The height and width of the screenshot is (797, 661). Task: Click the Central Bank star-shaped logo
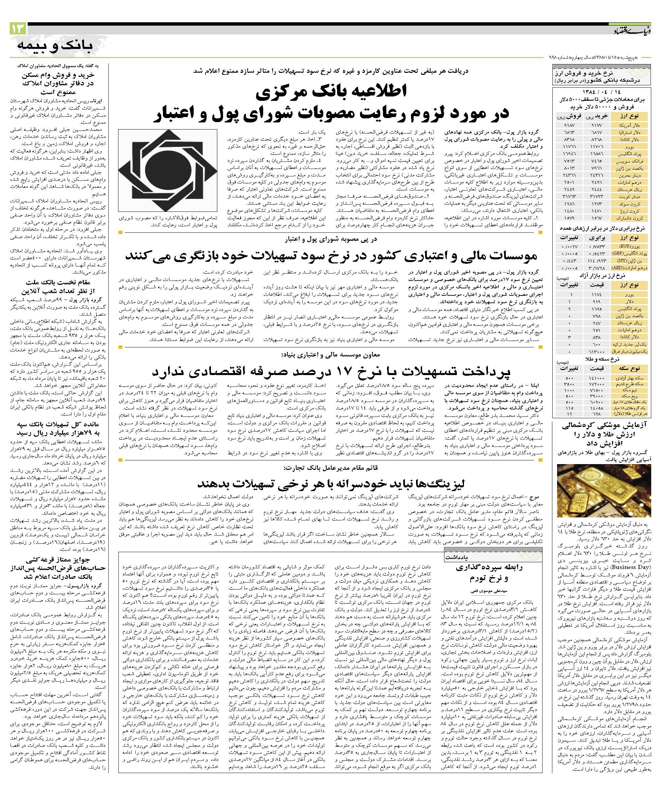tap(167, 170)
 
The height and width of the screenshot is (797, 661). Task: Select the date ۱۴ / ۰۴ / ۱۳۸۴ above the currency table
tap(603, 92)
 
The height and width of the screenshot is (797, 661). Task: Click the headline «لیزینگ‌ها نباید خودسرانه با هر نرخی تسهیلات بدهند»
tap(330, 483)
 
